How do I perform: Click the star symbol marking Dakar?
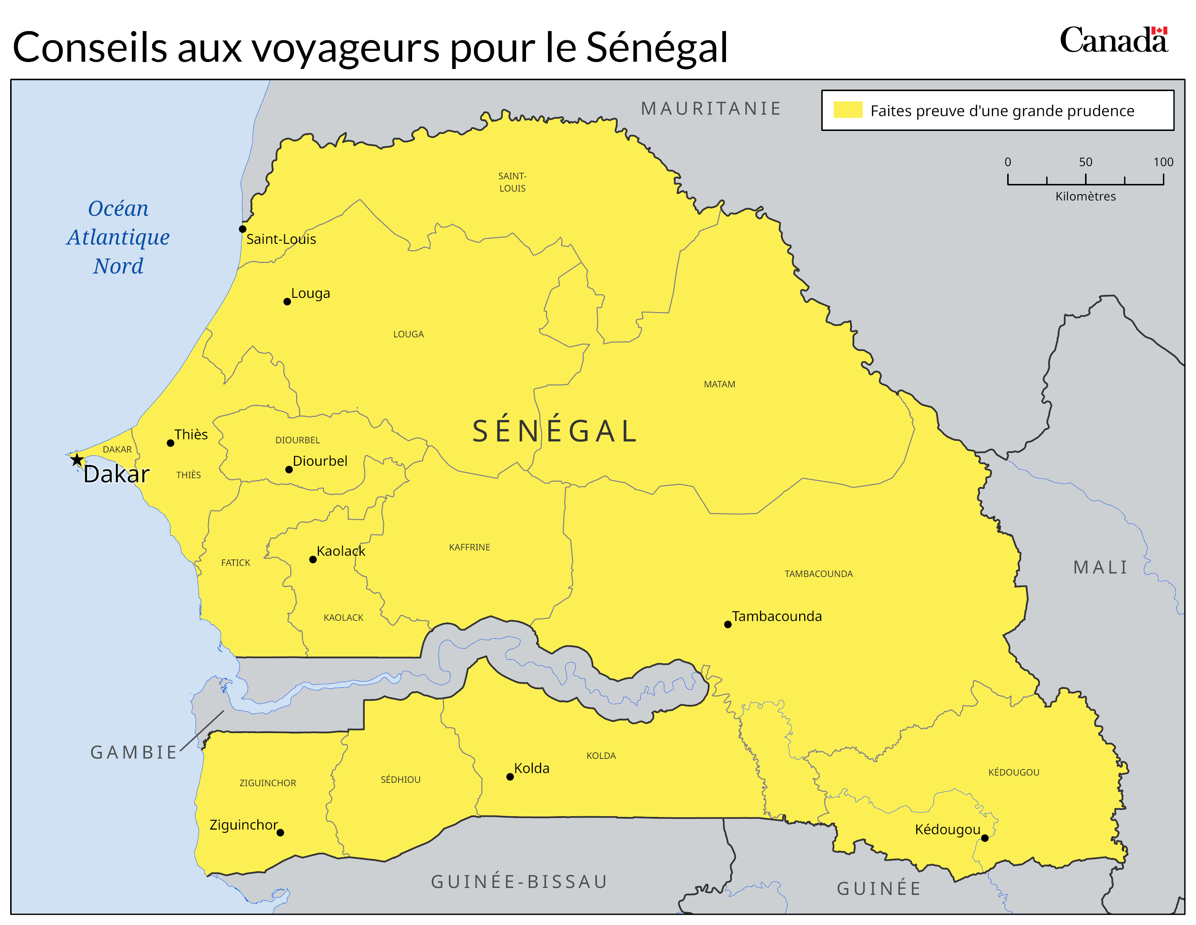click(x=77, y=459)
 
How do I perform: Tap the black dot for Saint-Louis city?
click(x=242, y=229)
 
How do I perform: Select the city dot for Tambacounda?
click(x=728, y=624)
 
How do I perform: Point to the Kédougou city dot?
click(x=985, y=838)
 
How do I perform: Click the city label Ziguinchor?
click(x=244, y=825)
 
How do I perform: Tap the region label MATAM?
click(x=719, y=384)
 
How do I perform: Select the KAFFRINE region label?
click(x=469, y=547)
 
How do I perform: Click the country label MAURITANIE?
click(x=711, y=108)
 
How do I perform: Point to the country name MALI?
click(x=1101, y=567)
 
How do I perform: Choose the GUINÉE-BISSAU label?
click(x=519, y=882)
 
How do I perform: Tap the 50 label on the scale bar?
click(x=1085, y=162)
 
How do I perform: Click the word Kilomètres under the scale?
click(x=1085, y=196)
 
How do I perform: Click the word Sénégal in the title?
click(x=657, y=48)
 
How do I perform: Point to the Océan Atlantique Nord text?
click(x=118, y=237)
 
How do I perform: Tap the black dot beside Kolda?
click(x=510, y=777)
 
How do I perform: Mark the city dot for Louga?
click(x=287, y=301)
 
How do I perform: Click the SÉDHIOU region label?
click(x=400, y=779)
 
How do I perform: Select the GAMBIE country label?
click(x=134, y=752)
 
